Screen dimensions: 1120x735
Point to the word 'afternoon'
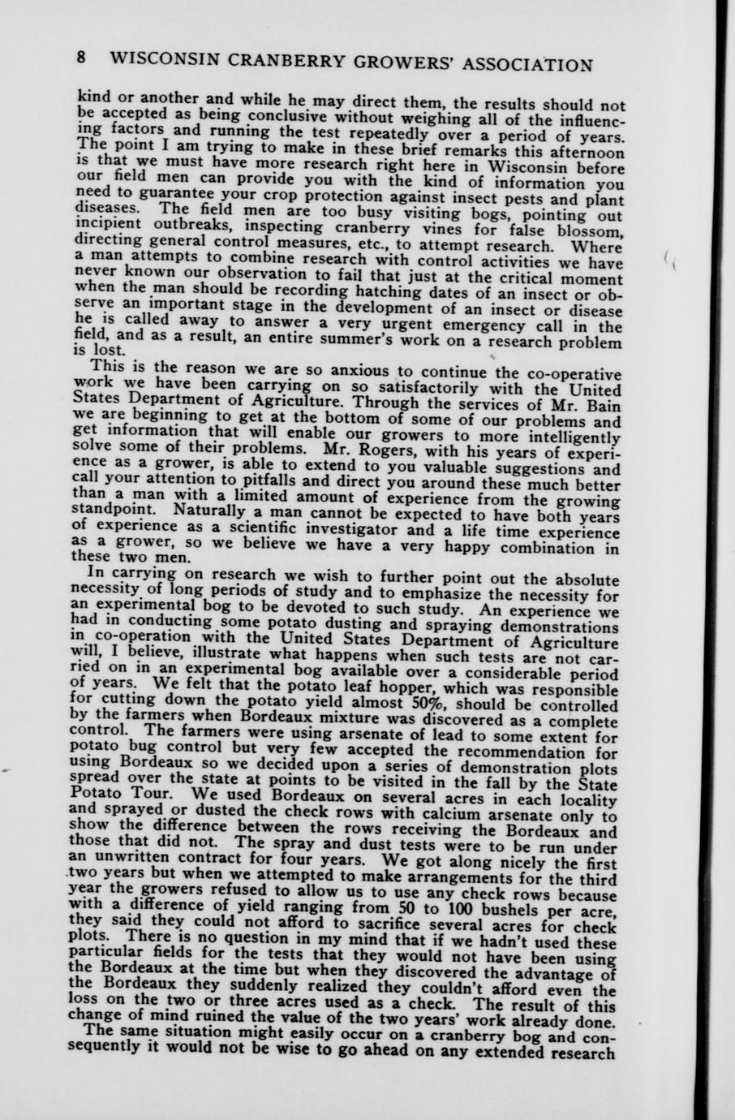pyautogui.click(x=583, y=152)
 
